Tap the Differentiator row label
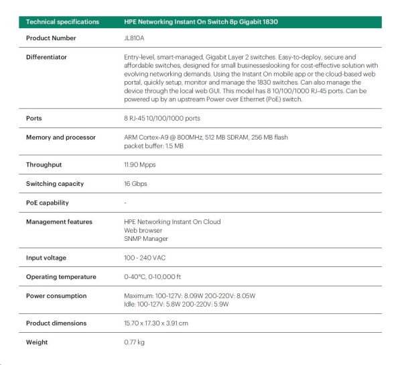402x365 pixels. tap(46, 57)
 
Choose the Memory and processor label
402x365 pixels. tap(61, 137)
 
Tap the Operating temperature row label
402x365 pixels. tap(61, 276)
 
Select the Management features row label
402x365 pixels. tap(59, 221)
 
